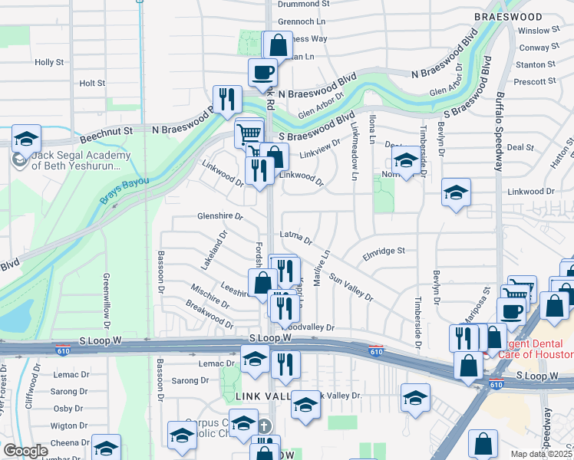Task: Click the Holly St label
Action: coord(49,62)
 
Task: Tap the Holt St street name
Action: coord(91,83)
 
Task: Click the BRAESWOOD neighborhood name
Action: coord(508,16)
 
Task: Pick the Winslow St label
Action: coord(539,31)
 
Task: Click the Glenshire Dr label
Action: coord(220,216)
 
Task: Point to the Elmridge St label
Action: coord(383,251)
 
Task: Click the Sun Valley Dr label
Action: coord(351,287)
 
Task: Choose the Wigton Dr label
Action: coord(69,425)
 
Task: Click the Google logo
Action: coord(25,451)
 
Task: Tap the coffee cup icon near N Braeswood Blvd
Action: coord(262,72)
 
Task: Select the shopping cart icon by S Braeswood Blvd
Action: coord(249,133)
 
